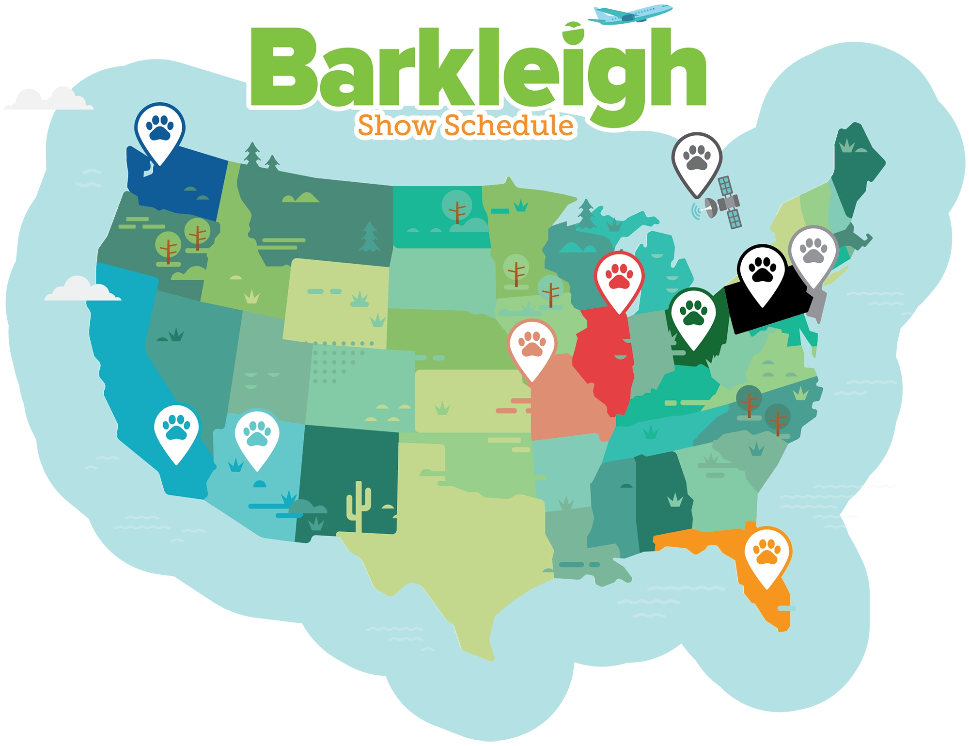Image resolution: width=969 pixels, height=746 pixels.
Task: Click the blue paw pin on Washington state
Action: click(x=159, y=128)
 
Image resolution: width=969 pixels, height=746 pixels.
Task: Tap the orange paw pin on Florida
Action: click(x=767, y=553)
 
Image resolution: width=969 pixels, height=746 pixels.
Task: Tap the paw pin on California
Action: click(x=176, y=429)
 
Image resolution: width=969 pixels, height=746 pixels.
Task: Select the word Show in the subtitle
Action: click(x=397, y=126)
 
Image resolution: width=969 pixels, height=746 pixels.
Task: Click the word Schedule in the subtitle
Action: click(x=509, y=126)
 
